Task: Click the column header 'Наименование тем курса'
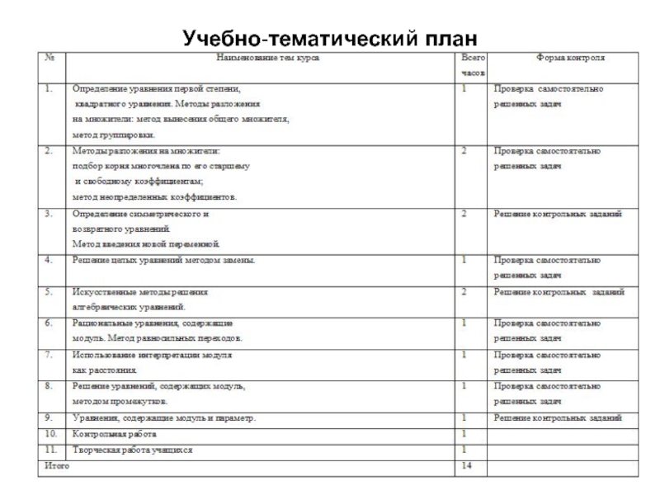coord(267,59)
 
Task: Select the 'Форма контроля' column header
coord(570,59)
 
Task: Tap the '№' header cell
coord(50,59)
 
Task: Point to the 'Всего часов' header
coord(473,65)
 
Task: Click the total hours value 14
coord(466,467)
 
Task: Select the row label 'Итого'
coord(57,466)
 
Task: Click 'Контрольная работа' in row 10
coord(114,434)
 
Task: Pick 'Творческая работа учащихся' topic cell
coord(133,450)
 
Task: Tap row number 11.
coord(51,450)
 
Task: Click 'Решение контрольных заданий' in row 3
coord(558,214)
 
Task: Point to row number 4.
coord(49,261)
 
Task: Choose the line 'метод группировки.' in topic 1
coord(113,134)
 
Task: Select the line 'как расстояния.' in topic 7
coord(104,370)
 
